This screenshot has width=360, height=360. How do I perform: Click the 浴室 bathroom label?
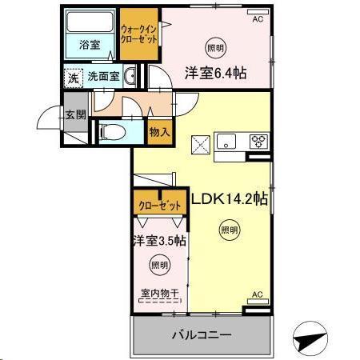click(90, 46)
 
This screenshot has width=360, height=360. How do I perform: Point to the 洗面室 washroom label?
click(103, 78)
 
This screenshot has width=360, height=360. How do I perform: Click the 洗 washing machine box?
click(73, 78)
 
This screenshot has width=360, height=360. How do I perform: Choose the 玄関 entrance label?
click(76, 114)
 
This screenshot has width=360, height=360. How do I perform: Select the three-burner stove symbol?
click(259, 142)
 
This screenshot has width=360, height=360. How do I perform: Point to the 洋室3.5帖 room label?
click(159, 239)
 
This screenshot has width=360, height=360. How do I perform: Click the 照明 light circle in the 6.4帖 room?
click(215, 46)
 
